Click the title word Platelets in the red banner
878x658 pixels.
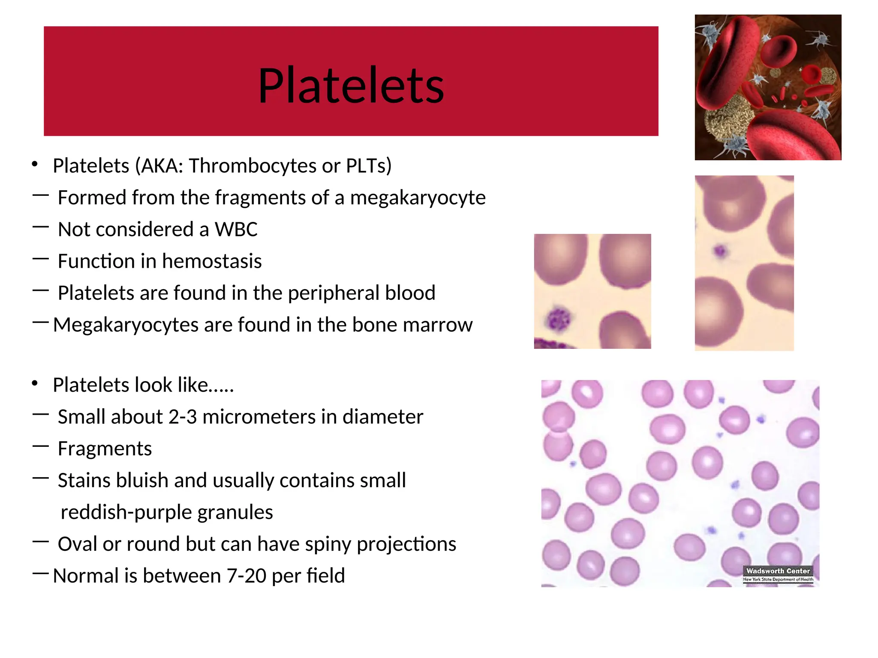(351, 86)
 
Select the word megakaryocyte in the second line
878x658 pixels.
(418, 198)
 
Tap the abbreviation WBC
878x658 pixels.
(236, 230)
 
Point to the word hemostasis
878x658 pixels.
(211, 261)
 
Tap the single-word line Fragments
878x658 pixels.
(105, 449)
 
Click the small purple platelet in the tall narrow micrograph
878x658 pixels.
(720, 251)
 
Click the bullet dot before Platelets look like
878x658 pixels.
(35, 384)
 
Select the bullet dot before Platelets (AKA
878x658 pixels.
(35, 164)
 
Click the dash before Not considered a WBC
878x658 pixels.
(40, 227)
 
